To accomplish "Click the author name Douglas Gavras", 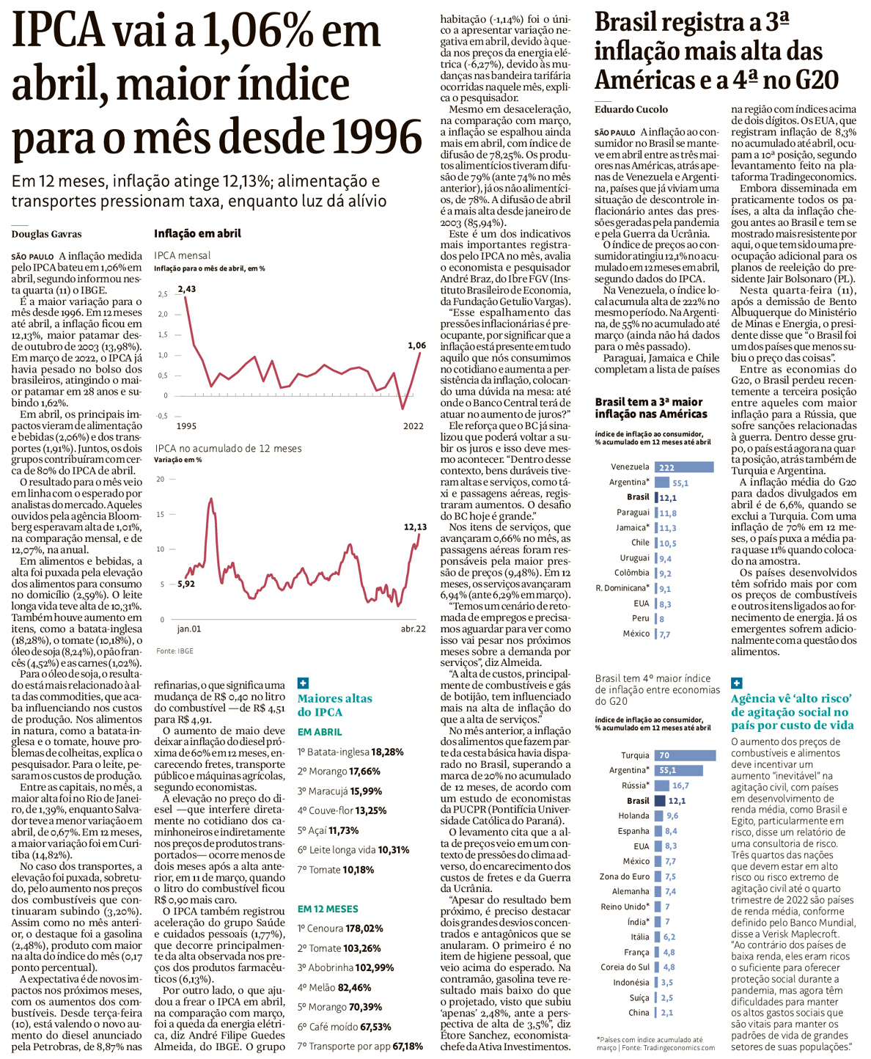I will (46, 234).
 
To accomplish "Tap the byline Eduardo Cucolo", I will (631, 109).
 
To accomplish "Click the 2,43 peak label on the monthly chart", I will (186, 289).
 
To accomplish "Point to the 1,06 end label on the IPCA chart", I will (416, 345).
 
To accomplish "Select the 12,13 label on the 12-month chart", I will (415, 527).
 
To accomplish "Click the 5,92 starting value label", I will (186, 584).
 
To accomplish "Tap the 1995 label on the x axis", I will (186, 425).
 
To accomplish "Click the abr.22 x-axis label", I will (413, 629).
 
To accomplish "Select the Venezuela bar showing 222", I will (683, 467).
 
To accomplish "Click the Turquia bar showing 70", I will (685, 755).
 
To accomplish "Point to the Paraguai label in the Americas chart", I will (633, 513).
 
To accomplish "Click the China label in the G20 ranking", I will (639, 1012).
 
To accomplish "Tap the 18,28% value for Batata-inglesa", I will (387, 752).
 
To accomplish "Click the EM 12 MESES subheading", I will (328, 909).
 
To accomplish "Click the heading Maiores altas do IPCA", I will (334, 705).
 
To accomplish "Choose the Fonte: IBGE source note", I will (174, 651).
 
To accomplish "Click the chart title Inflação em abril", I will (197, 233).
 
